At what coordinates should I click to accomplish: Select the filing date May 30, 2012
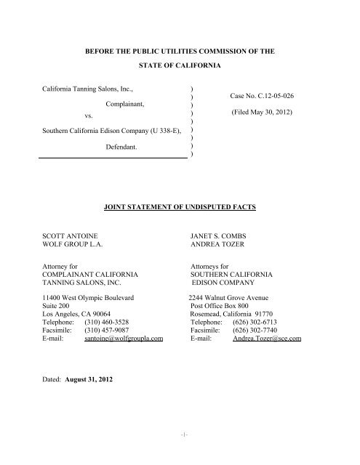[266, 115]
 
